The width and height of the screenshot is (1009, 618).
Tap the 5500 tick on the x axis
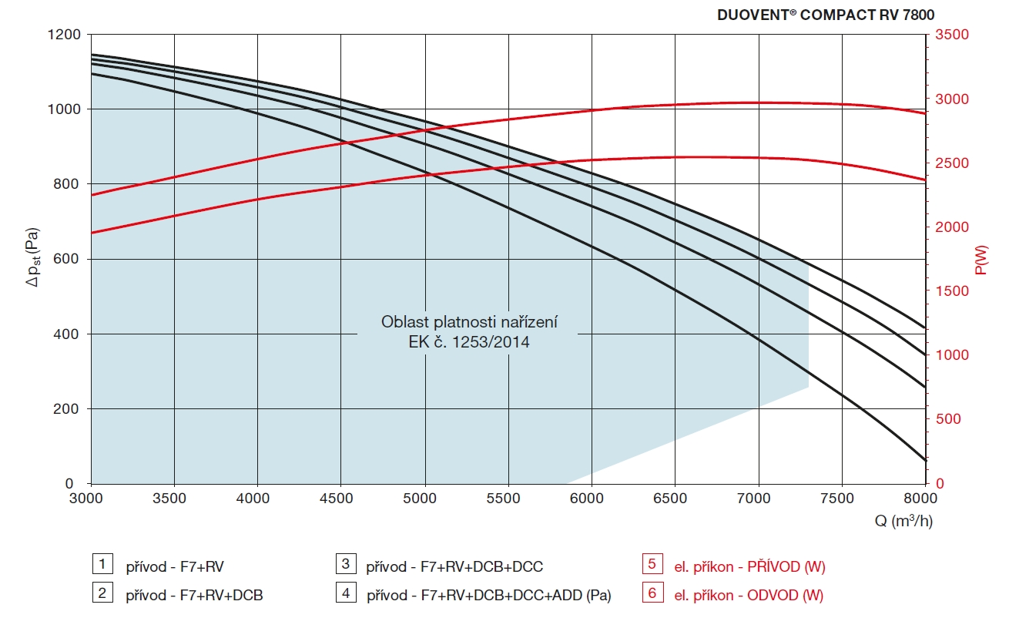pyautogui.click(x=508, y=499)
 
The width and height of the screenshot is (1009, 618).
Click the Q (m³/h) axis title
pyautogui.click(x=903, y=522)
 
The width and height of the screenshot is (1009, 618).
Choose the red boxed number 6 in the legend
pyautogui.click(x=652, y=593)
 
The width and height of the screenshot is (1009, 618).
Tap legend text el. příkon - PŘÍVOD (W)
pyautogui.click(x=749, y=566)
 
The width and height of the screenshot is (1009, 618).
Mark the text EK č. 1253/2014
pyautogui.click(x=468, y=341)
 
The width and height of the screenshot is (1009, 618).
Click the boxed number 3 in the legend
pyautogui.click(x=346, y=564)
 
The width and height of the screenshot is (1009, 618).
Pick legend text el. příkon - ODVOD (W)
pyautogui.click(x=749, y=595)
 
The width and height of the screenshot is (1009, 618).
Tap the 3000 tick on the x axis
pyautogui.click(x=90, y=499)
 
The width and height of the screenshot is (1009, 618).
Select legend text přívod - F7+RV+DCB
pyautogui.click(x=194, y=595)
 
